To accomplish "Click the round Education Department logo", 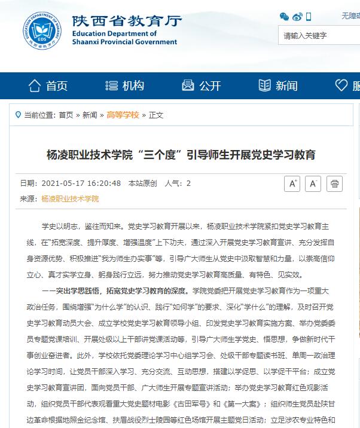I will (x=42, y=30).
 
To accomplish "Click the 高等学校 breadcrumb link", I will (x=122, y=115).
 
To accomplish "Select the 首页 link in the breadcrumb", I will (x=66, y=115).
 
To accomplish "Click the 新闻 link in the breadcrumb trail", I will (x=90, y=115).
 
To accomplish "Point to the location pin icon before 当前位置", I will (x=17, y=115).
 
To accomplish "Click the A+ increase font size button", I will (x=292, y=184).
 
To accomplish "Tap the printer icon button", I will (x=335, y=184).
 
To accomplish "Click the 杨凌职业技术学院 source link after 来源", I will (x=70, y=198).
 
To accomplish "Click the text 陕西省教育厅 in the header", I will (x=126, y=21).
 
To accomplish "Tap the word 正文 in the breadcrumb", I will (x=156, y=115).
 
